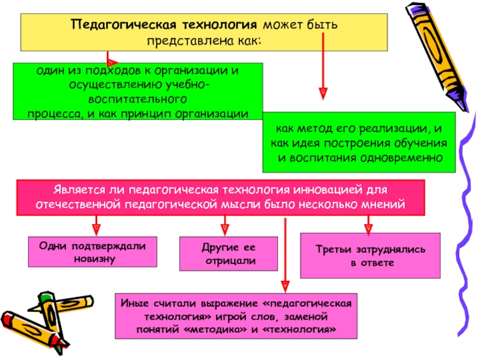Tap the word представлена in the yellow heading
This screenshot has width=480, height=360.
[x=187, y=40]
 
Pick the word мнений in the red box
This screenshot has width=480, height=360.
[x=386, y=204]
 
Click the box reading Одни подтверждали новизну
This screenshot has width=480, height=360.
[x=93, y=251]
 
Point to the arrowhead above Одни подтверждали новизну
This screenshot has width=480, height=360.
[x=95, y=228]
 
